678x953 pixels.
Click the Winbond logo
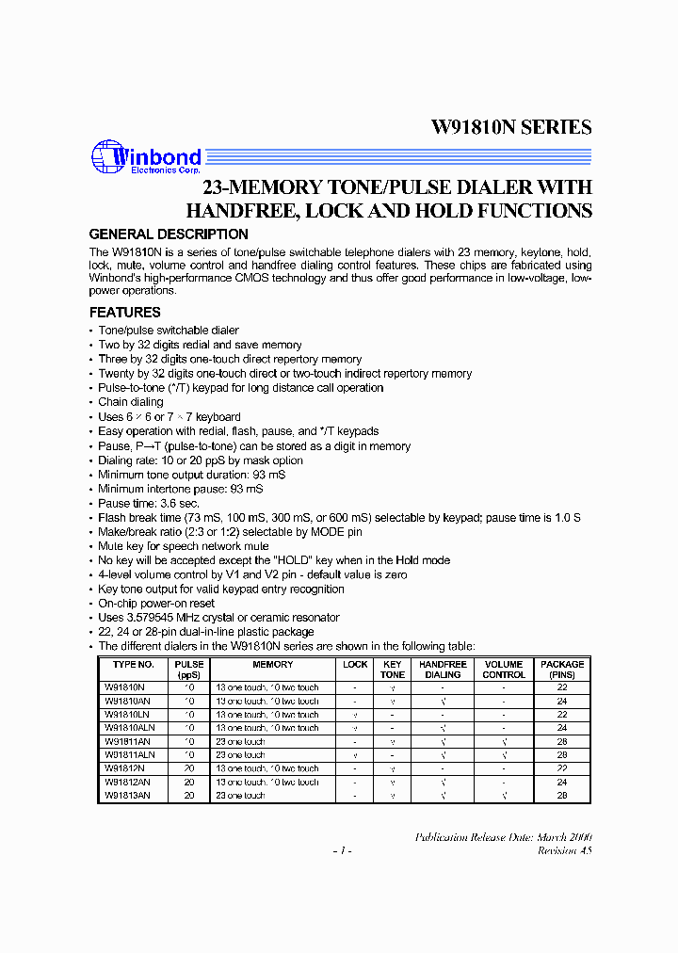point(145,158)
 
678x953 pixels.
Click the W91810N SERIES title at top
point(511,127)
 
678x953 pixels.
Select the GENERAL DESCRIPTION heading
point(169,234)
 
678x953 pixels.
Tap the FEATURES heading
point(124,313)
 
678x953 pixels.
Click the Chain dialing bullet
point(131,402)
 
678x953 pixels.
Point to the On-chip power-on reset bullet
point(156,604)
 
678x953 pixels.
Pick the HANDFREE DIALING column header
point(443,670)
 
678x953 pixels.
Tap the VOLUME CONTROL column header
point(504,670)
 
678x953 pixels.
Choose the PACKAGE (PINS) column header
point(562,670)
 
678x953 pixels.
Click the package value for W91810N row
point(562,687)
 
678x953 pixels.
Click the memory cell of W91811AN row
point(241,741)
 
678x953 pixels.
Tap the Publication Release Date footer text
point(503,837)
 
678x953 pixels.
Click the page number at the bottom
point(342,851)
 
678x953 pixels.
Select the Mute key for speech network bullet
point(183,546)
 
